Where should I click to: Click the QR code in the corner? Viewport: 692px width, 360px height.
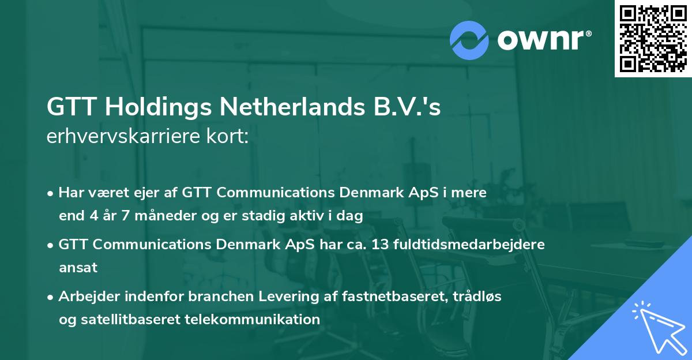coord(653,39)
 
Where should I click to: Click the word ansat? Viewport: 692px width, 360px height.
coord(78,267)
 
